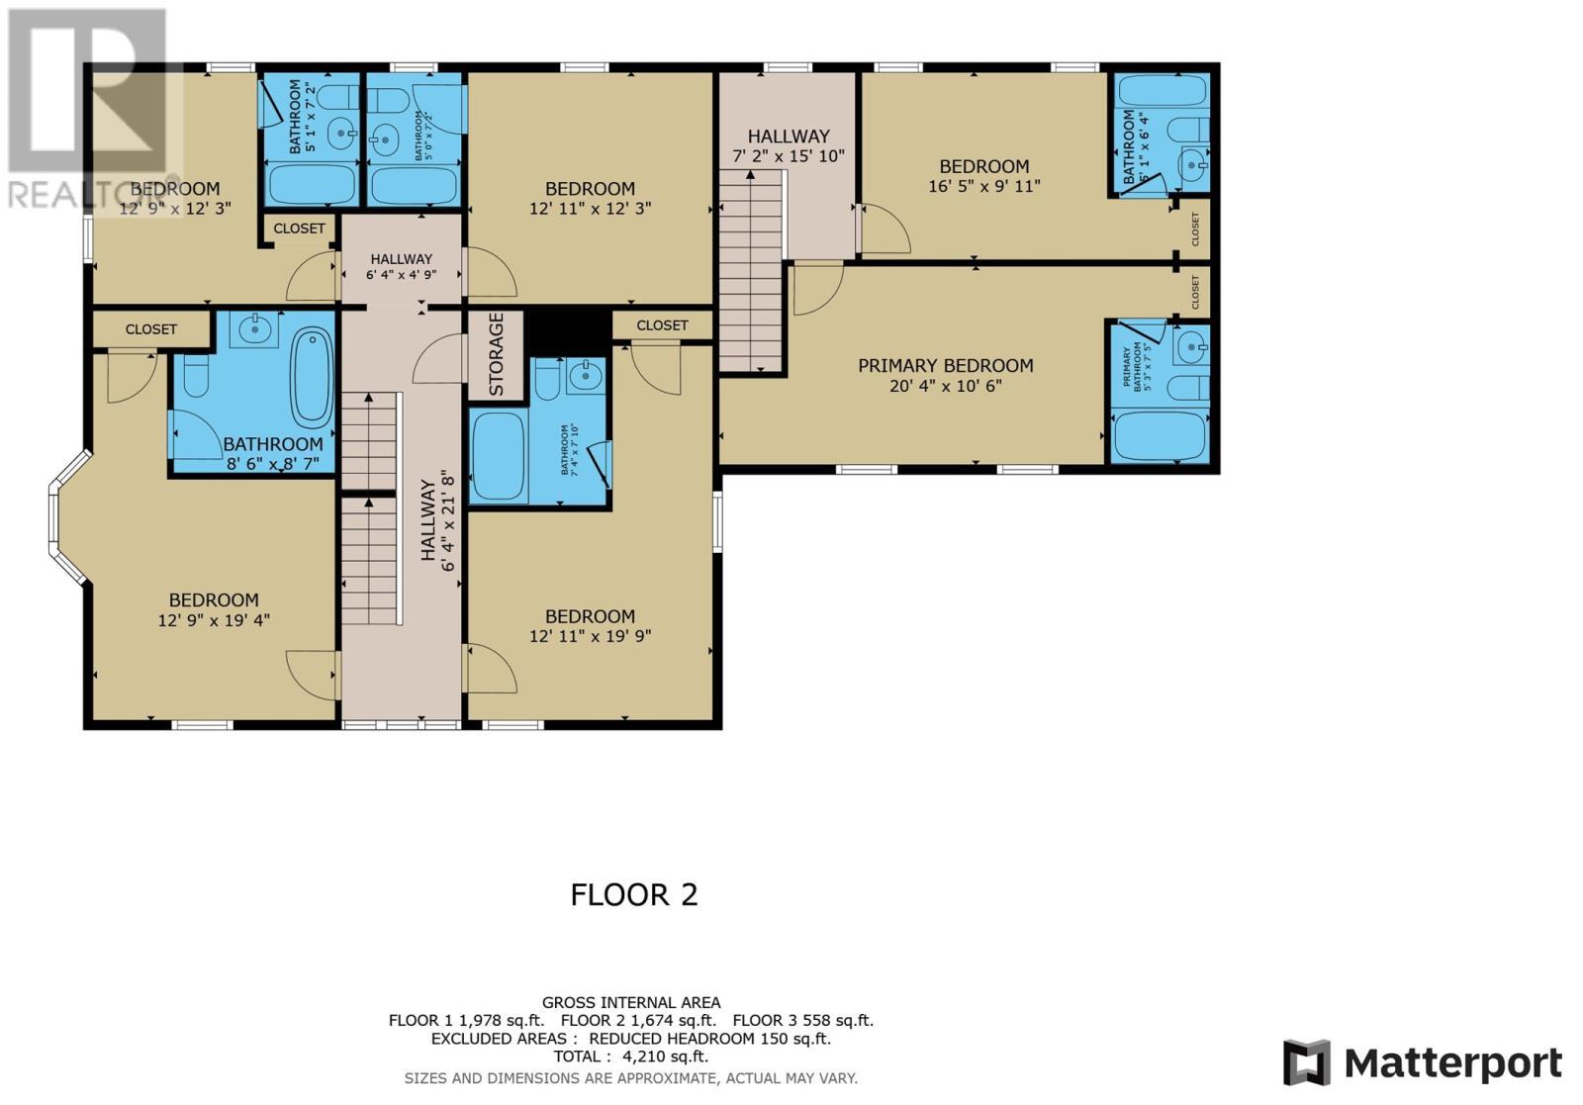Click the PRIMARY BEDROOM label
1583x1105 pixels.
point(945,366)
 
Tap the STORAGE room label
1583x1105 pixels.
point(496,354)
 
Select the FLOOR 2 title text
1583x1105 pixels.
point(633,894)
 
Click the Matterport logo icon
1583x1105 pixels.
point(1306,1063)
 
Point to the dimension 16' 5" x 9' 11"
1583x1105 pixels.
point(983,186)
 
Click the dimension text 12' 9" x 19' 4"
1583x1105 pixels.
point(214,620)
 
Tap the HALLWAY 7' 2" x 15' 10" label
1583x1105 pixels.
point(788,145)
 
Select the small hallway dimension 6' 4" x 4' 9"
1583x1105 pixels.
point(401,275)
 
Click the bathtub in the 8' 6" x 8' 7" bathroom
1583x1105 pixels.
point(312,378)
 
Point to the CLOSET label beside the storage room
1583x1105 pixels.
point(662,325)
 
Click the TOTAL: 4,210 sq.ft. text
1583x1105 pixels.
point(630,1057)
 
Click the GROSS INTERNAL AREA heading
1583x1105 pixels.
point(630,1002)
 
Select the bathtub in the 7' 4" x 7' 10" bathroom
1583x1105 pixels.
point(499,456)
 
